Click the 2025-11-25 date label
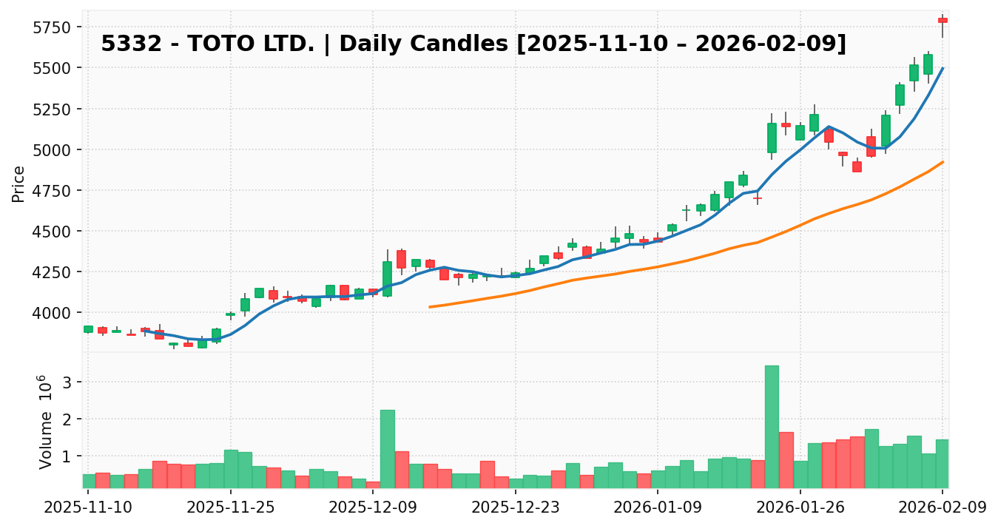click(x=230, y=509)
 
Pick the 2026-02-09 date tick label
click(x=943, y=509)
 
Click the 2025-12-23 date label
click(x=515, y=509)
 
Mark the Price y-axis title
click(x=19, y=183)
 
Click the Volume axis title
click(x=46, y=422)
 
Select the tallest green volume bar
click(x=772, y=426)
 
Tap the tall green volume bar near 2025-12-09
click(x=387, y=448)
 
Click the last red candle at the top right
click(x=943, y=20)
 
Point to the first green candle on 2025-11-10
click(x=88, y=329)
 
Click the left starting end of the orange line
click(x=430, y=306)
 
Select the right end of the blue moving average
click(x=943, y=68)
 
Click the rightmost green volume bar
click(x=943, y=463)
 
